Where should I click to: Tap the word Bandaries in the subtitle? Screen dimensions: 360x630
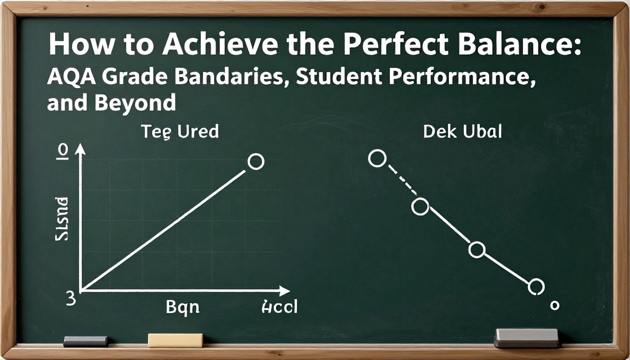[229, 77]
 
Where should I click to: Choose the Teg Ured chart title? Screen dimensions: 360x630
[180, 131]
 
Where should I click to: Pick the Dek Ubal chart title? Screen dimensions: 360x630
[462, 131]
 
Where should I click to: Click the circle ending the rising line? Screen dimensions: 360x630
[256, 161]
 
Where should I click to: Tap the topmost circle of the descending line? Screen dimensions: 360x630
[377, 158]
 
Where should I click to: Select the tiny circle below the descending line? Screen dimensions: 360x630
[554, 305]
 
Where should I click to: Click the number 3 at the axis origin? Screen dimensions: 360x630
[71, 299]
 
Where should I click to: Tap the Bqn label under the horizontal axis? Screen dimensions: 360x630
[182, 307]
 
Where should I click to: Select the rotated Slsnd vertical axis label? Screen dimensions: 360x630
[62, 219]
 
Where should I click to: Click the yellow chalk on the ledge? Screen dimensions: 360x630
[175, 340]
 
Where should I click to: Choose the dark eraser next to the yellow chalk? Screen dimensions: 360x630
[85, 341]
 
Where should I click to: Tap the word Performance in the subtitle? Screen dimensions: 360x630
[462, 77]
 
